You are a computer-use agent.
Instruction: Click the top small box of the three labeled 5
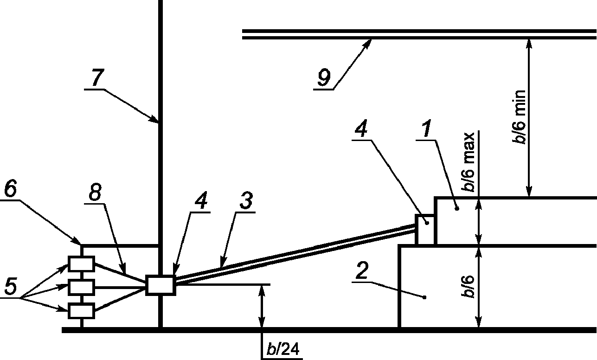(82, 264)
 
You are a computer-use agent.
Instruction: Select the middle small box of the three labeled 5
(82, 287)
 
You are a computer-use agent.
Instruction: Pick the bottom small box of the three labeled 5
(82, 310)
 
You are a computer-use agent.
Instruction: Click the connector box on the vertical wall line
(160, 284)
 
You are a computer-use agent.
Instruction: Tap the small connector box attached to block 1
(425, 229)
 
